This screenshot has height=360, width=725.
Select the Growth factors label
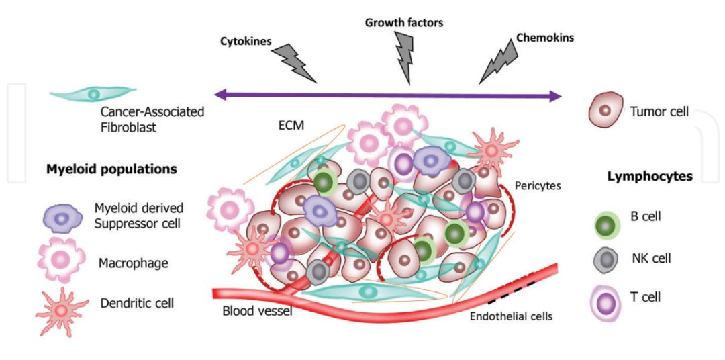pos(404,22)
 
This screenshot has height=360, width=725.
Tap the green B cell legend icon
pos(608,224)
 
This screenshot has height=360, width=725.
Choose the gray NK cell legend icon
pos(607,259)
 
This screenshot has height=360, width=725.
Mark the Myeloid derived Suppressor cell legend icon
pos(62,218)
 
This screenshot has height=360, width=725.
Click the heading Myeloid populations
pos(111,169)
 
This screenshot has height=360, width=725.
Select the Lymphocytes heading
pos(650,177)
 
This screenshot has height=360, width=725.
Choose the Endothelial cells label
pos(512,316)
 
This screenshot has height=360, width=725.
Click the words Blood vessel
pos(257,311)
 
